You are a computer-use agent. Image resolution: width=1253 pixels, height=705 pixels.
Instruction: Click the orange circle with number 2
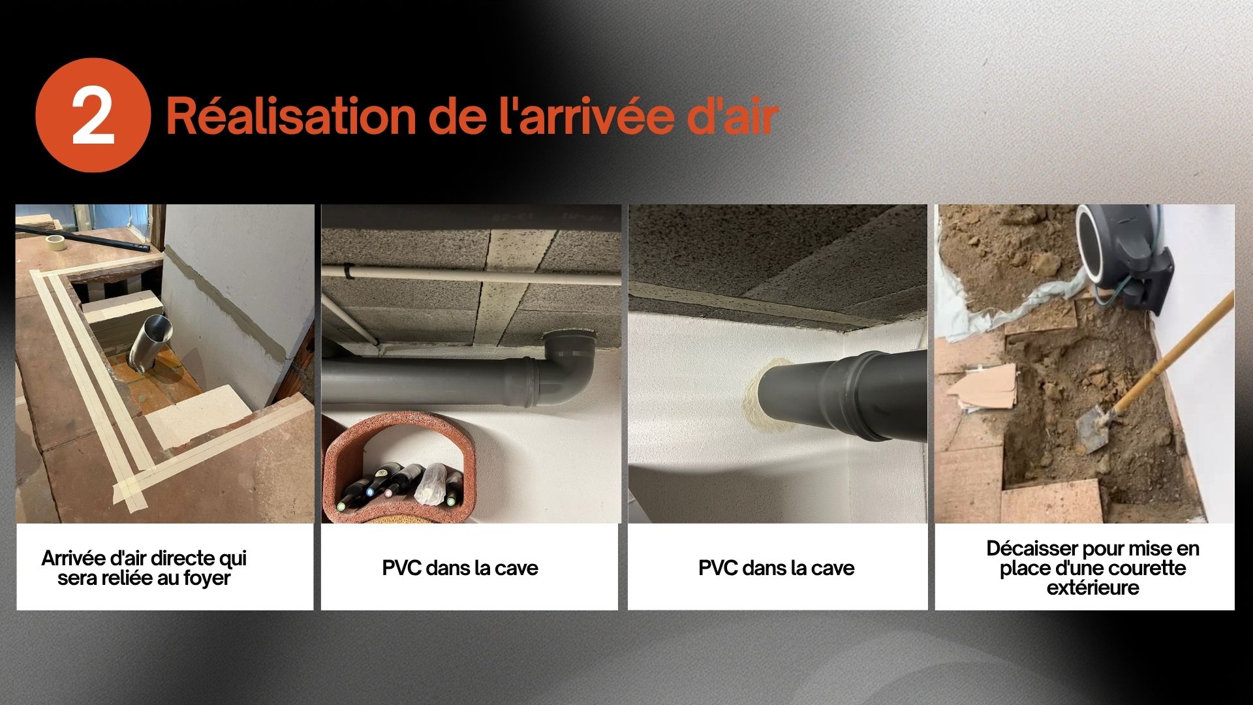click(x=93, y=115)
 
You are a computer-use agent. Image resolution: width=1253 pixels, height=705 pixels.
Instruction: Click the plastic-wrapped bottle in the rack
click(x=431, y=484)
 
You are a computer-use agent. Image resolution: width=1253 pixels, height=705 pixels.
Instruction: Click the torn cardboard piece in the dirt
click(x=982, y=388)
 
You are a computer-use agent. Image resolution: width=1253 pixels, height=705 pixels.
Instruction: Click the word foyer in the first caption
click(x=207, y=578)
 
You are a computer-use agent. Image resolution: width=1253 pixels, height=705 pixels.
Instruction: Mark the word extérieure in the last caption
click(x=1093, y=587)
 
